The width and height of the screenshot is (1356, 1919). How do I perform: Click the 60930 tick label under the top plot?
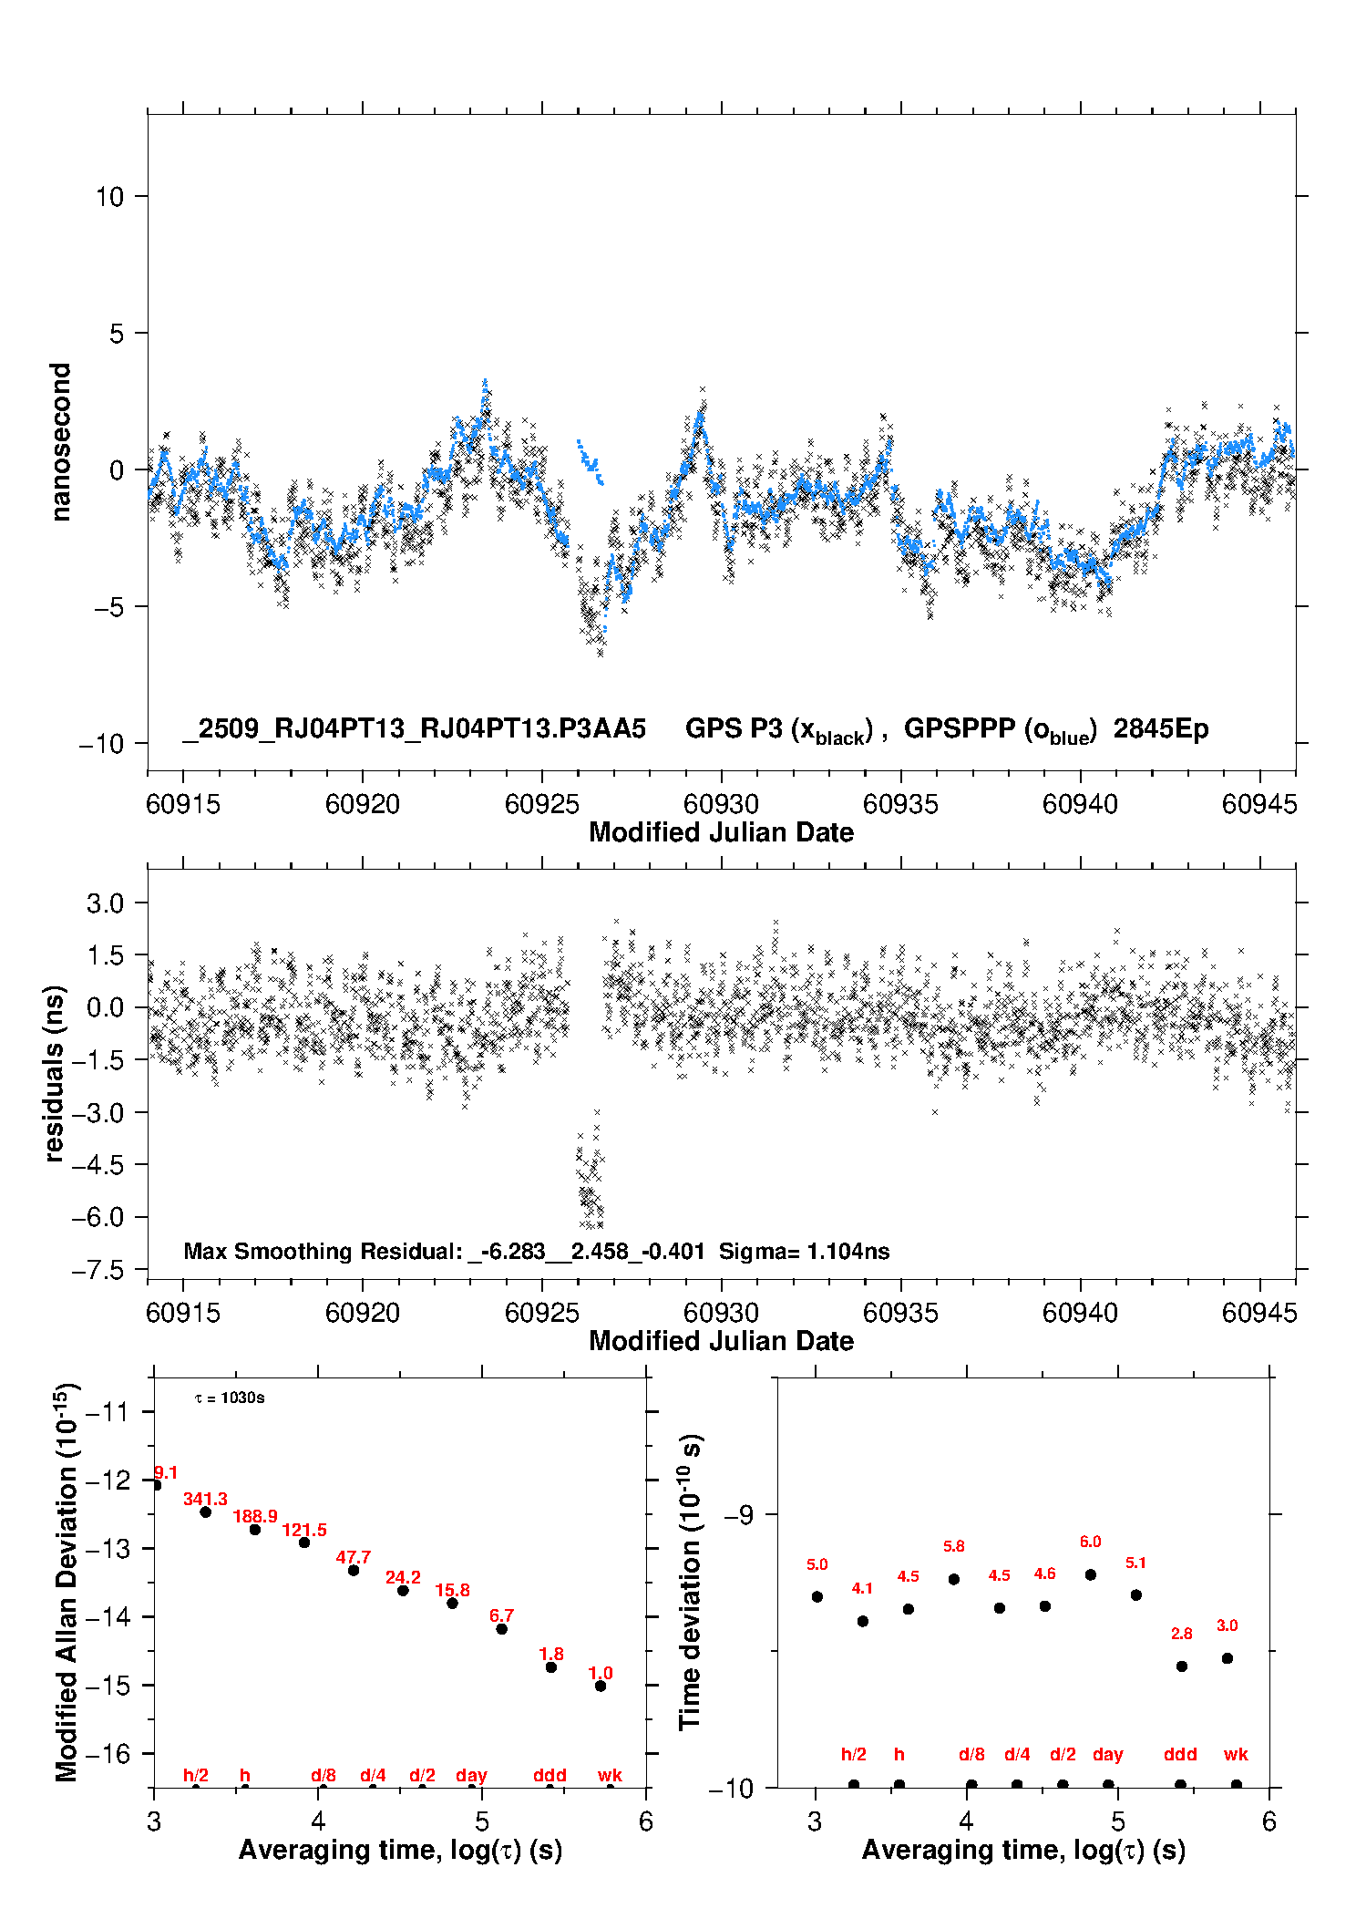(x=721, y=804)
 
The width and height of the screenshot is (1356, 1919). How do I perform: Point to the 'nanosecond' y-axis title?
(x=61, y=442)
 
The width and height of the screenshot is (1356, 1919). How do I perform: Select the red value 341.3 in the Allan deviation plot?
(x=205, y=1499)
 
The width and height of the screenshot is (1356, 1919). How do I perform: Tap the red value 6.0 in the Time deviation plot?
(x=1090, y=1542)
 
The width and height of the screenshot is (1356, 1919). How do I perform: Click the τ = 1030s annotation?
(x=230, y=1398)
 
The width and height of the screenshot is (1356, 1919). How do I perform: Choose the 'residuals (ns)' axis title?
(x=55, y=1073)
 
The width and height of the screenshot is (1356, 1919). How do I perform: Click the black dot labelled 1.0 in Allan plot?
(x=601, y=1686)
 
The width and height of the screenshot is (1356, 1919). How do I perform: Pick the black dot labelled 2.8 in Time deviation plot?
(x=1182, y=1666)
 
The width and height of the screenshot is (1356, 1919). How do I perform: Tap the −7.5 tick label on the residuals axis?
(x=103, y=1270)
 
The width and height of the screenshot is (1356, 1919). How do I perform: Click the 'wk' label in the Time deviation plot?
(x=1236, y=1754)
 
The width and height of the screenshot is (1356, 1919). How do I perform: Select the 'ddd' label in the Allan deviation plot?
(x=550, y=1775)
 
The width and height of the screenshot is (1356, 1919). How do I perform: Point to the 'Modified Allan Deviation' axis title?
(x=66, y=1582)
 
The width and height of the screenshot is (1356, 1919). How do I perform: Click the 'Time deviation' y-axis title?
(x=691, y=1582)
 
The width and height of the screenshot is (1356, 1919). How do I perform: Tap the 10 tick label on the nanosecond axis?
(x=109, y=196)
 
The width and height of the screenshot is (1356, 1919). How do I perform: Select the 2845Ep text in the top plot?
(x=1160, y=728)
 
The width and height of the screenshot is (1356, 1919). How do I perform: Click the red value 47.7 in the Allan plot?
(x=353, y=1557)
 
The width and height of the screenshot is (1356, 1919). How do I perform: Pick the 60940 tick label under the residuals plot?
(x=1080, y=1313)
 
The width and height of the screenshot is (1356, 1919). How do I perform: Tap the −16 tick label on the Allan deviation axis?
(x=108, y=1753)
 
